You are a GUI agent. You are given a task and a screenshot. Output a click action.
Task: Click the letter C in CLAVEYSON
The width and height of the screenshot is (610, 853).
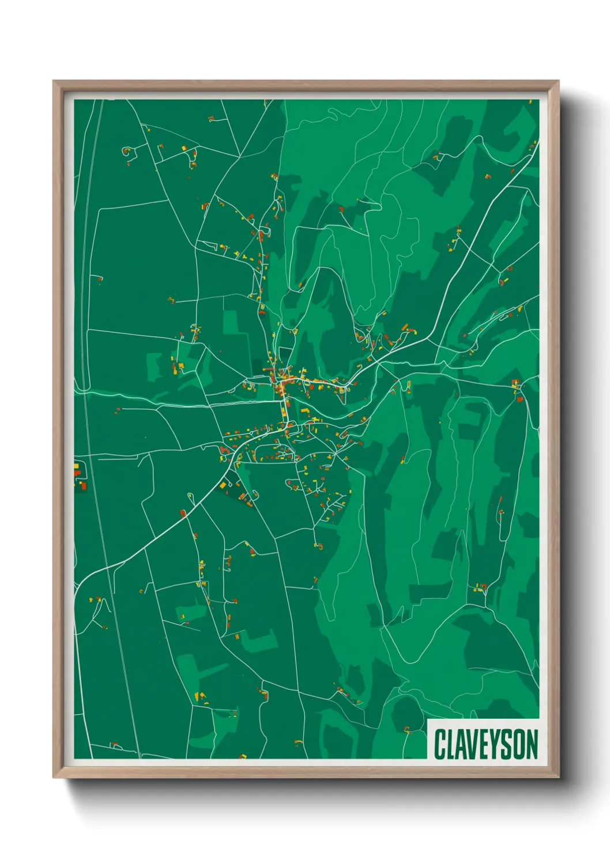pyautogui.click(x=440, y=744)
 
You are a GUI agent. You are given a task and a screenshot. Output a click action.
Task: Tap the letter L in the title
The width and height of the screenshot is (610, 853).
pyautogui.click(x=451, y=744)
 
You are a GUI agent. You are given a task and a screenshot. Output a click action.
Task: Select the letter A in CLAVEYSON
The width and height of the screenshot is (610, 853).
pyautogui.click(x=462, y=744)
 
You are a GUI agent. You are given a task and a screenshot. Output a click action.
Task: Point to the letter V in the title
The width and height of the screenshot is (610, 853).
pyautogui.click(x=475, y=744)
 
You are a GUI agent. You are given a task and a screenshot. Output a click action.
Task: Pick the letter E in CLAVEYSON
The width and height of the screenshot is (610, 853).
pyautogui.click(x=486, y=744)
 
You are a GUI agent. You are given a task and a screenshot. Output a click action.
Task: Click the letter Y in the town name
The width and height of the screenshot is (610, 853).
pyautogui.click(x=496, y=744)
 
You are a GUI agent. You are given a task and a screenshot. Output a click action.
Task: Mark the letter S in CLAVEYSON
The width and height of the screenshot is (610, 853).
pyautogui.click(x=508, y=744)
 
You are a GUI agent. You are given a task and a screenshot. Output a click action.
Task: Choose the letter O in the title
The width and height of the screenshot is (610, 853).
pyautogui.click(x=519, y=744)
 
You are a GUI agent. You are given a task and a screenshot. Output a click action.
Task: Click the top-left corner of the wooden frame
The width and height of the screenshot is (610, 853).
pyautogui.click(x=54, y=82)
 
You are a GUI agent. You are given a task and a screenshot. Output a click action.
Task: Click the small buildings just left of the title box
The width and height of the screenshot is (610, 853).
pyautogui.click(x=406, y=729)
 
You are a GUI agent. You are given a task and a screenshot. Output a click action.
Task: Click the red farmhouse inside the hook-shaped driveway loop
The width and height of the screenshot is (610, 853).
pyautogui.click(x=128, y=152)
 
